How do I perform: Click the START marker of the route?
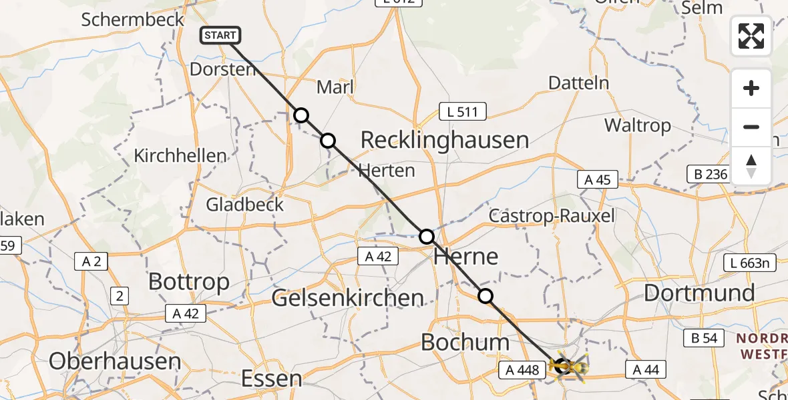(218, 36)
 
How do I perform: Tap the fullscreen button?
(751, 36)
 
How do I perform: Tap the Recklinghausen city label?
(445, 141)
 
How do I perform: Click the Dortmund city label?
(699, 293)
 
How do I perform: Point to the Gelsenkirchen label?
(348, 298)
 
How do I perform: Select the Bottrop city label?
(189, 281)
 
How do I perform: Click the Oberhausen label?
(115, 361)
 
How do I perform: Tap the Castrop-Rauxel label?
(552, 216)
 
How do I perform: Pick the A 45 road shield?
(598, 179)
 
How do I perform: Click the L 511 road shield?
(462, 112)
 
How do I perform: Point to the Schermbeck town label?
(133, 19)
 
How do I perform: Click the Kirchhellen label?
(180, 156)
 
